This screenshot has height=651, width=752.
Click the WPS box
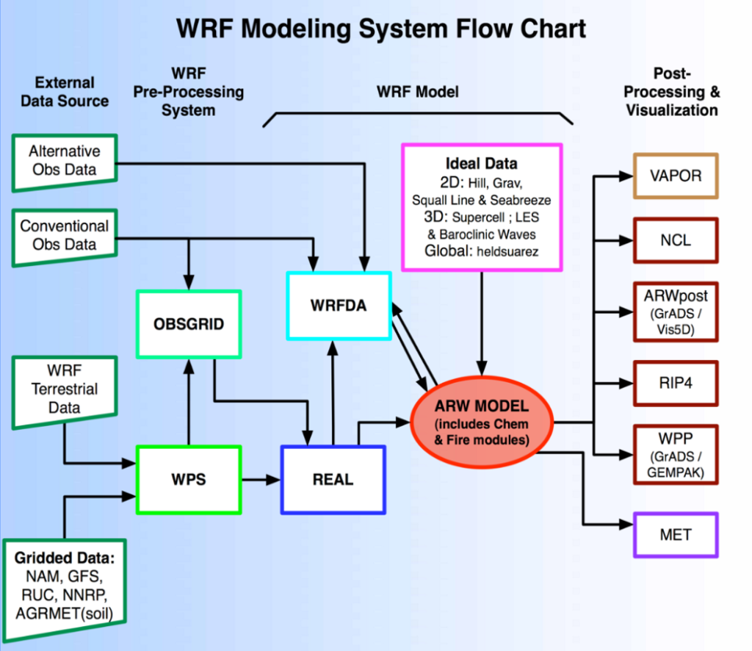(x=189, y=480)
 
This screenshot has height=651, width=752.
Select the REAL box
(x=333, y=480)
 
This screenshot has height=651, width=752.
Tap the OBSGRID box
(x=189, y=324)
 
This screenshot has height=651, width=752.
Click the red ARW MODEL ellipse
(x=482, y=424)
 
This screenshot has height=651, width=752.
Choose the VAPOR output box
(x=676, y=176)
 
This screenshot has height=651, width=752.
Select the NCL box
(x=676, y=240)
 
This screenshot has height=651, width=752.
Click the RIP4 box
(x=676, y=383)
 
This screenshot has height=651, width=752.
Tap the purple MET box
(x=676, y=534)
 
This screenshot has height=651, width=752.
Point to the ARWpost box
(x=676, y=311)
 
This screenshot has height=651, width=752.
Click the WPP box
(x=676, y=454)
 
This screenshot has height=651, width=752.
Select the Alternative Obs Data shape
(x=64, y=161)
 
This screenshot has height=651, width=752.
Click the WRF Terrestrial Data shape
(x=64, y=389)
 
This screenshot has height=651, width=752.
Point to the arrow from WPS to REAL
(x=261, y=480)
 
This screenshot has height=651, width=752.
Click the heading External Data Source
(x=64, y=92)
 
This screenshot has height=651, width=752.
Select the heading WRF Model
(x=417, y=93)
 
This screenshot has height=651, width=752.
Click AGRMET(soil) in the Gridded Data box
(x=64, y=611)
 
